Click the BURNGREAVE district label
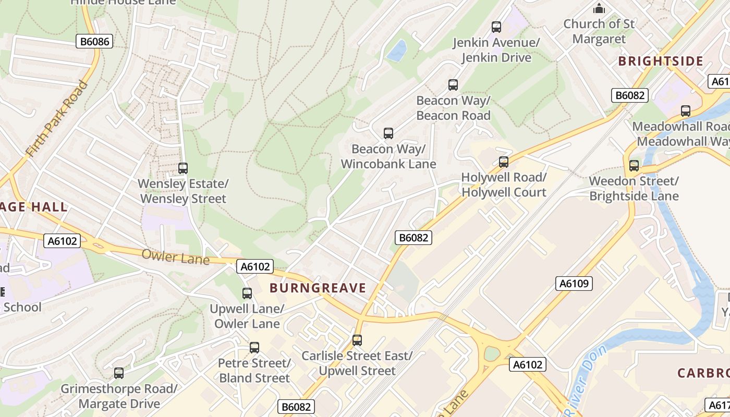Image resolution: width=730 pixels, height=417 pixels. pyautogui.click(x=318, y=288)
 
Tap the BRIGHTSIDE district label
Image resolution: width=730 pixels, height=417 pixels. pyautogui.click(x=661, y=61)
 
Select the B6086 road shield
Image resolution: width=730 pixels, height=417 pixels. pyautogui.click(x=94, y=41)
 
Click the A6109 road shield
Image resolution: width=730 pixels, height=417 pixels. pyautogui.click(x=574, y=284)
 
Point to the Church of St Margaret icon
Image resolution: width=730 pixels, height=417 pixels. pyautogui.click(x=599, y=8)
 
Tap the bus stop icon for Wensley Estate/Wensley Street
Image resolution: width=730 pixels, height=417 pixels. pyautogui.click(x=182, y=168)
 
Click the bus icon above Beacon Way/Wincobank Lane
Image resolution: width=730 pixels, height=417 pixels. pyautogui.click(x=388, y=133)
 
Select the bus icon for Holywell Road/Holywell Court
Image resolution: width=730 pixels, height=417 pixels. pyautogui.click(x=503, y=162)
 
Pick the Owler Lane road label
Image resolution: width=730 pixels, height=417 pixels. pyautogui.click(x=175, y=257)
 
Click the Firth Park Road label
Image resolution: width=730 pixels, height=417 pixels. pyautogui.click(x=56, y=119)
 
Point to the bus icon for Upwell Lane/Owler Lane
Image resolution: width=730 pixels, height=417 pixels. pyautogui.click(x=247, y=293)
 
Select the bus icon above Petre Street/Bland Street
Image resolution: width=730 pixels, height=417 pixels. pyautogui.click(x=254, y=348)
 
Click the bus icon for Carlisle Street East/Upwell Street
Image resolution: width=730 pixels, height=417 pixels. pyautogui.click(x=357, y=340)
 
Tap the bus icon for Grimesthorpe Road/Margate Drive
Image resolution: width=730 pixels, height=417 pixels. pyautogui.click(x=119, y=373)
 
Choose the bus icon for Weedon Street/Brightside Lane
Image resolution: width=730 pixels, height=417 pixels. pyautogui.click(x=634, y=166)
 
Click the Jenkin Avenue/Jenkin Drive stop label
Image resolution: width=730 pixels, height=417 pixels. pyautogui.click(x=495, y=50)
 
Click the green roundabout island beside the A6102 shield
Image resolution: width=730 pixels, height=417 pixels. pyautogui.click(x=492, y=354)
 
